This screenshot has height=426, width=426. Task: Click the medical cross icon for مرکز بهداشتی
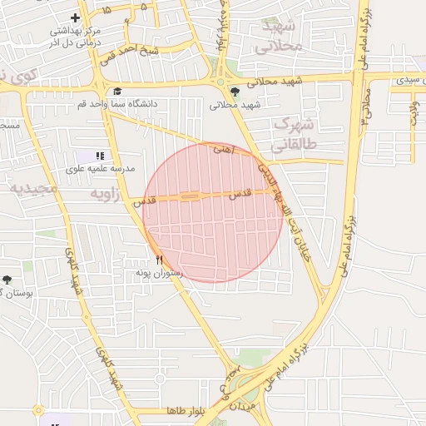click(x=76, y=17)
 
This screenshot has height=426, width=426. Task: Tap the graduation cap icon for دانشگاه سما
click(x=117, y=92)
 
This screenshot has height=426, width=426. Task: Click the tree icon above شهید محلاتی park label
click(x=235, y=92)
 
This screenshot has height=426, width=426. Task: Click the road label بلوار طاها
click(x=186, y=412)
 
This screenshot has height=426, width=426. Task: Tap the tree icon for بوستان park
click(x=7, y=280)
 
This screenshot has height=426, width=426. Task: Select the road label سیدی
click(x=408, y=80)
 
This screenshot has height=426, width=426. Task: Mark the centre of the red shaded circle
click(x=213, y=212)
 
